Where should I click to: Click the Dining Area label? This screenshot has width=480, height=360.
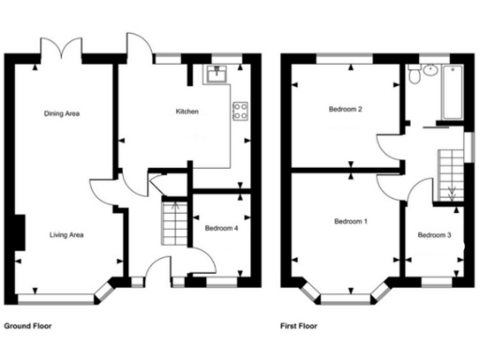click(x=61, y=113)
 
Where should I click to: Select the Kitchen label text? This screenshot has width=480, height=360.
click(x=187, y=112)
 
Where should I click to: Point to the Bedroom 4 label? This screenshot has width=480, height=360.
click(x=219, y=227)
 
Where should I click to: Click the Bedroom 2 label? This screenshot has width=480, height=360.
click(x=345, y=110)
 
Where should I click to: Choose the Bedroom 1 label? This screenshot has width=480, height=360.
click(x=352, y=221)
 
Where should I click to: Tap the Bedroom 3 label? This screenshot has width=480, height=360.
click(x=433, y=234)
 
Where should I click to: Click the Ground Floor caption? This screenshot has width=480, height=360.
click(x=28, y=327)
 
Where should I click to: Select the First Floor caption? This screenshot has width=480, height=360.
click(x=299, y=327)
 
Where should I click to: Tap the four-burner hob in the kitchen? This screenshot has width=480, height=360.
click(x=239, y=111)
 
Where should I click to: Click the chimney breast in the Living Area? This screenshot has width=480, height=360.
click(x=19, y=232)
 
